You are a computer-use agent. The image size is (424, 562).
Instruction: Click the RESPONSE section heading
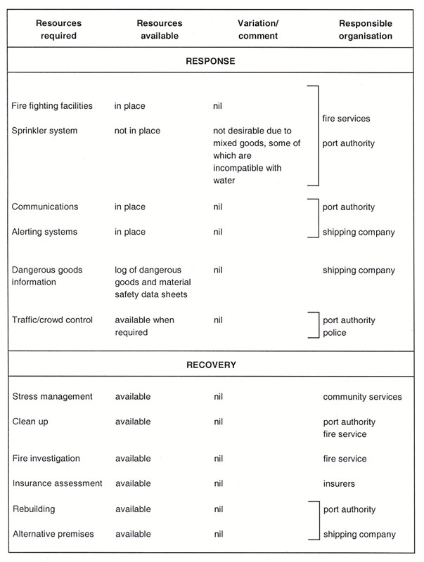pos(211,61)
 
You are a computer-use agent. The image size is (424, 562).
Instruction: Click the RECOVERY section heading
pos(211,365)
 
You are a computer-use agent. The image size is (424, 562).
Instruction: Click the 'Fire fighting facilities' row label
pos(52,106)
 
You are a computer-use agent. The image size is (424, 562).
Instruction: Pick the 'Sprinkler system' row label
pos(44,131)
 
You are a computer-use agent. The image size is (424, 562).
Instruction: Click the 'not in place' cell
pos(137,131)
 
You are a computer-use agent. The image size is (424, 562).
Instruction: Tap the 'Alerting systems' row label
pos(45,232)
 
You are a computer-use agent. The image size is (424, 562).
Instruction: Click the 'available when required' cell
pos(145,327)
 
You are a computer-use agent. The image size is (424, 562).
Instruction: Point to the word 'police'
pos(335,333)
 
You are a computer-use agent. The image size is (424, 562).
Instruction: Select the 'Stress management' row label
pos(52,397)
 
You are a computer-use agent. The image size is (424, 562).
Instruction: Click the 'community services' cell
pos(362,397)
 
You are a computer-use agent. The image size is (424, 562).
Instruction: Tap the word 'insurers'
pos(339,483)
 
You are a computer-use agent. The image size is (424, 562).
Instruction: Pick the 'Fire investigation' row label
pos(46,459)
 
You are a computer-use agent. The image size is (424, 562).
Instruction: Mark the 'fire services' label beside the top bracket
pos(346,119)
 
